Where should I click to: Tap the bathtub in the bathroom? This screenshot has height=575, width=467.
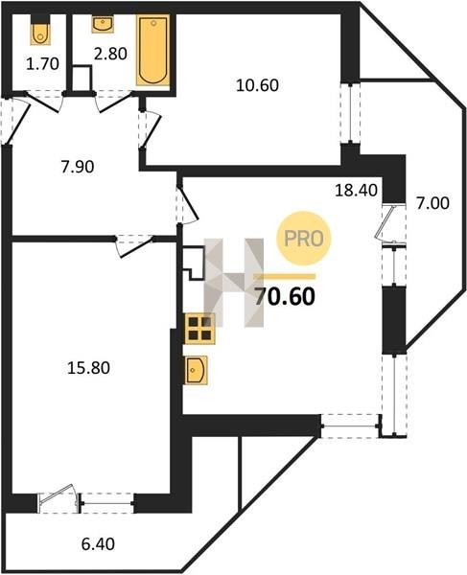tap(153, 50)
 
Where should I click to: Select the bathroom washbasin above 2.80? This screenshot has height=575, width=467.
tap(102, 24)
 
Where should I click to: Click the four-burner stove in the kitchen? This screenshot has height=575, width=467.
tap(199, 329)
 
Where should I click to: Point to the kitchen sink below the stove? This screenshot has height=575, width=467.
tap(196, 370)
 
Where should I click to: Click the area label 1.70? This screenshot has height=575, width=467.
tap(42, 64)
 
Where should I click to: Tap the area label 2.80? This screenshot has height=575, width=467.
tap(110, 54)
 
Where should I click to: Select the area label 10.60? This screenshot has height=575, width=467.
tap(257, 85)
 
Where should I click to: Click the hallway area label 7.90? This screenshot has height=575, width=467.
tap(78, 167)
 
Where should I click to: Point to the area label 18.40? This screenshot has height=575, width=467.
tap(356, 191)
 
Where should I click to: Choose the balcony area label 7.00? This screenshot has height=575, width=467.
tap(432, 203)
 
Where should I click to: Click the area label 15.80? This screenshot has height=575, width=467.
tap(88, 368)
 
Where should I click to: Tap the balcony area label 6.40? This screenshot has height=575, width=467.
tap(98, 544)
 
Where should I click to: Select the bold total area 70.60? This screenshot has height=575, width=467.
tap(285, 296)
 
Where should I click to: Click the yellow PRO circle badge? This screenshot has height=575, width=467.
tap(304, 239)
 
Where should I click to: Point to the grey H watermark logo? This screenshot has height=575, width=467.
tap(234, 282)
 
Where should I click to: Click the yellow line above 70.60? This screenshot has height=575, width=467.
tap(284, 277)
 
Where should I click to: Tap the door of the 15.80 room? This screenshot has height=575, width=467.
tap(134, 246)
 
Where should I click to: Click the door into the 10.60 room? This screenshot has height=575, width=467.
tap(151, 128)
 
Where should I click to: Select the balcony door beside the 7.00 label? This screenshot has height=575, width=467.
tap(388, 223)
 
